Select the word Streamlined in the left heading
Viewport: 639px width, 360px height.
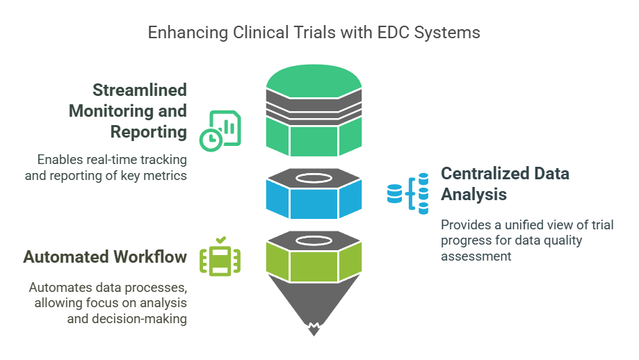point(140,90)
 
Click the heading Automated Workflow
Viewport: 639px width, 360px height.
point(105,257)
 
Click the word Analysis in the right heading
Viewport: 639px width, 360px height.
point(474,195)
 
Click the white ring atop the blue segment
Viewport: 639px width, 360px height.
point(314,179)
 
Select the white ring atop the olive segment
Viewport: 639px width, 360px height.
point(314,240)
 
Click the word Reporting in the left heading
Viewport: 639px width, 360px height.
point(147,131)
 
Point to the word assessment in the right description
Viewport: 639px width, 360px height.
point(476,256)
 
